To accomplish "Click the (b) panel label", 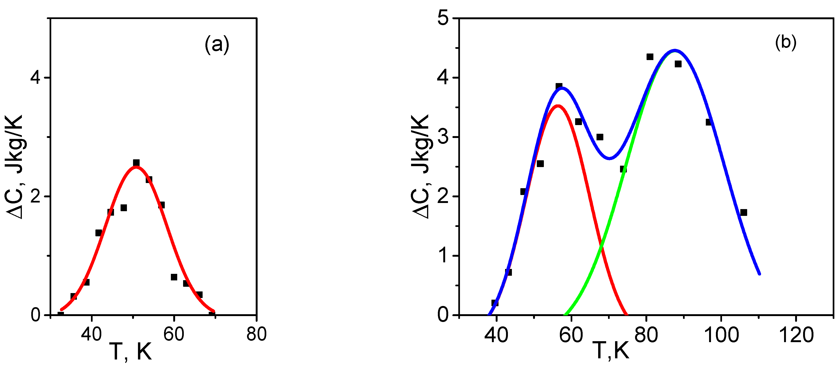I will (785, 42).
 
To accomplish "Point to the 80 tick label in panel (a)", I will (256, 334).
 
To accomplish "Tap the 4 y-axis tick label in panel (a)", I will (35, 78).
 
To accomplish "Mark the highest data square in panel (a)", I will (136, 162).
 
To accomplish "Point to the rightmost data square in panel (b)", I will (743, 212).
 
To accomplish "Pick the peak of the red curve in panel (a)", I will (136, 167).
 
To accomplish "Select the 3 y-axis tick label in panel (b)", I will (443, 137).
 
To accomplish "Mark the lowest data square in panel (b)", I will (495, 303).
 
